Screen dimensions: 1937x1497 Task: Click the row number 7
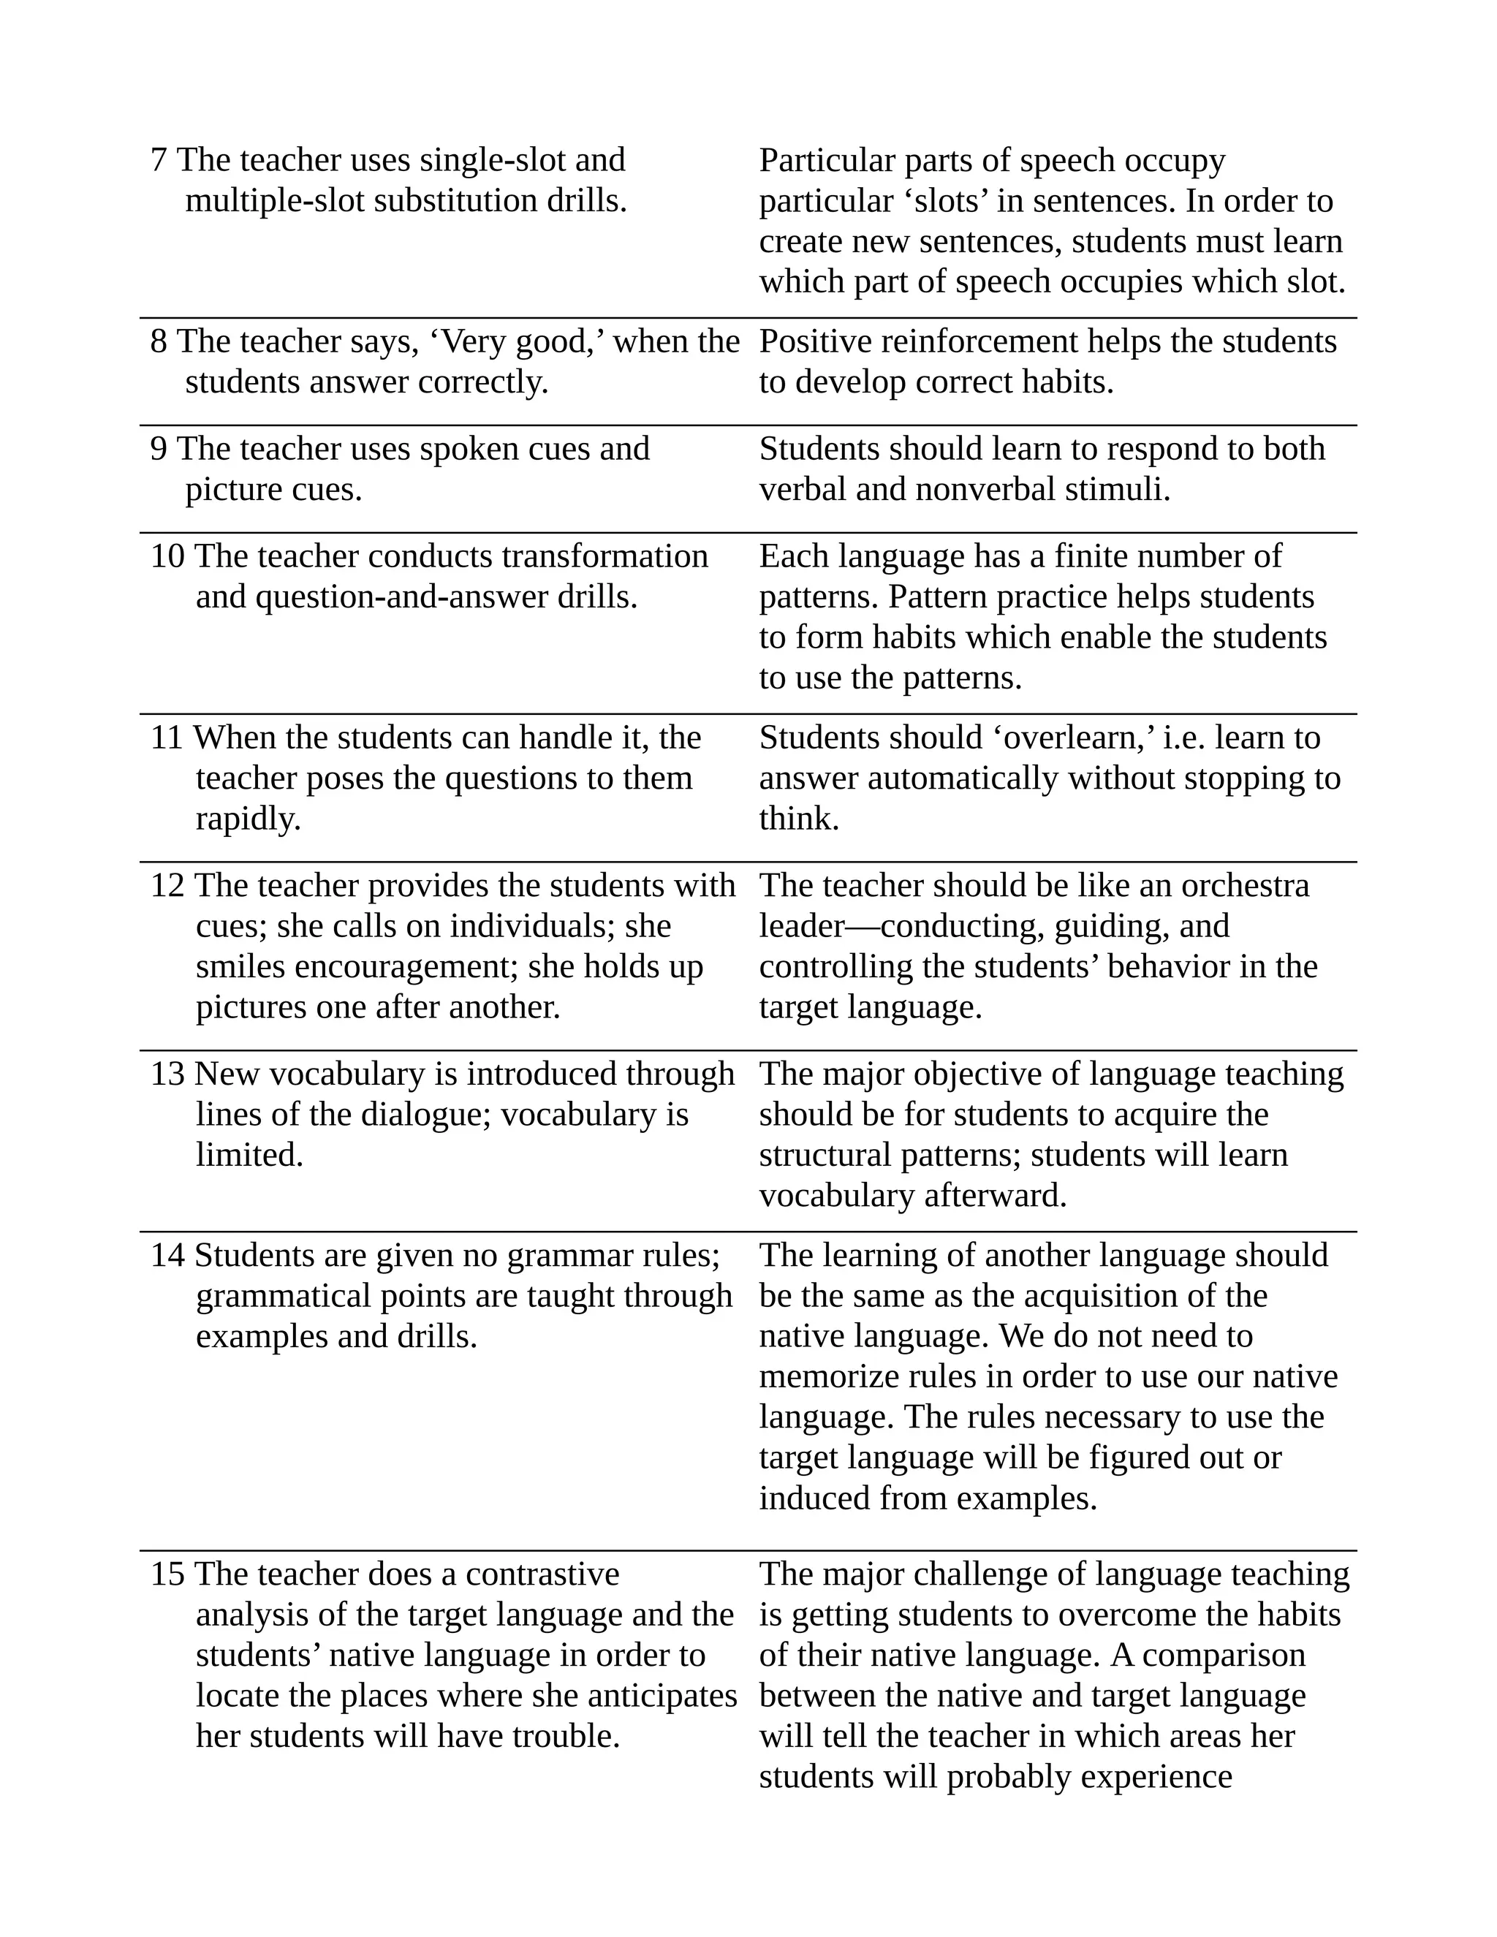(159, 161)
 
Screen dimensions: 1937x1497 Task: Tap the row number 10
(167, 556)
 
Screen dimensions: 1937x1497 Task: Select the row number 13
(167, 1074)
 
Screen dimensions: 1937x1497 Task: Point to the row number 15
(167, 1574)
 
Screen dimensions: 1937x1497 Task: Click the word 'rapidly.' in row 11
(249, 819)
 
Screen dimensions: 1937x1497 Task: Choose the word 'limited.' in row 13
(249, 1155)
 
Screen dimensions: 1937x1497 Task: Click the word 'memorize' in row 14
(823, 1376)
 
